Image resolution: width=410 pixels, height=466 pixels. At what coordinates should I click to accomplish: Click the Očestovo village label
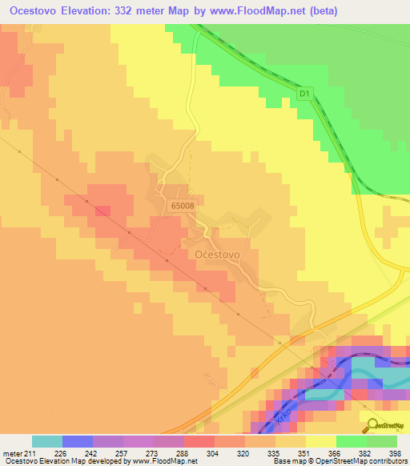[x=215, y=253]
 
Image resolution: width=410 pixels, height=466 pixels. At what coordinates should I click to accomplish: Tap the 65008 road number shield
[x=182, y=205]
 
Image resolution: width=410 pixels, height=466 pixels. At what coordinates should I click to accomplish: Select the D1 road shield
[x=304, y=94]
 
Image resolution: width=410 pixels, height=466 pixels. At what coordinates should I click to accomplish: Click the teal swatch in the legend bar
[x=46, y=441]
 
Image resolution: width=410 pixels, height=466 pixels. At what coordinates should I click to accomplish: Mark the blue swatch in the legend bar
[x=77, y=441]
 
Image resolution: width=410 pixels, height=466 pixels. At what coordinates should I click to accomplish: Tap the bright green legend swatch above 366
[x=351, y=441]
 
